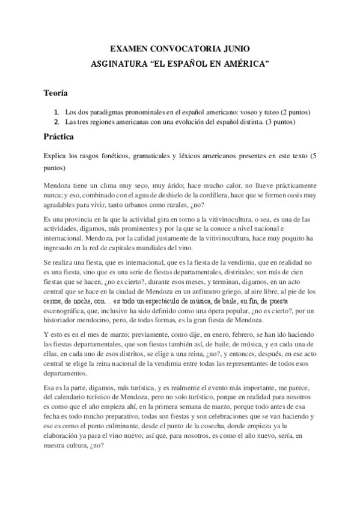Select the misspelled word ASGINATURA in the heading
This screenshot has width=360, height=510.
(120, 63)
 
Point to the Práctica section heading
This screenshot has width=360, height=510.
(58, 137)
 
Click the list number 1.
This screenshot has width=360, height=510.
(56, 112)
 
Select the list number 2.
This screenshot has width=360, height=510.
(56, 122)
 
